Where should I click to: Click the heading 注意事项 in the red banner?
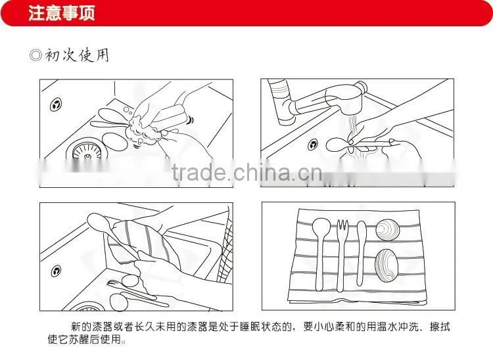click(62, 13)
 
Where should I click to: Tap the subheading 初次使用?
click(78, 55)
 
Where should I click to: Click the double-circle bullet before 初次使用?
click(35, 56)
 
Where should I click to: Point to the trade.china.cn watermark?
click(247, 173)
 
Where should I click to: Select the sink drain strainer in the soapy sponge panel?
click(87, 151)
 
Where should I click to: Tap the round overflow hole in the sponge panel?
click(56, 105)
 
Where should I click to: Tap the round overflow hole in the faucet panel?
click(312, 145)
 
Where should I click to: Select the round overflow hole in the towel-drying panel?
click(56, 271)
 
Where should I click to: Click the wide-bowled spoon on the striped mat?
click(321, 254)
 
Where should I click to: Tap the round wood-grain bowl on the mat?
click(387, 230)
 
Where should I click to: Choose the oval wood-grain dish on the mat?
click(387, 265)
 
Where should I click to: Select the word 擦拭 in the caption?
click(440, 326)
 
